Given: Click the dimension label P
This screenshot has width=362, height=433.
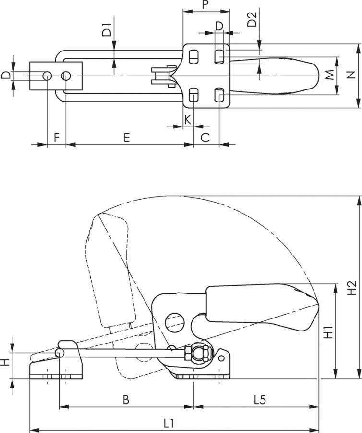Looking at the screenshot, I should tap(205, 6).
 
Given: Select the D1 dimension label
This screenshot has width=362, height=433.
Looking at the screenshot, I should tap(107, 30).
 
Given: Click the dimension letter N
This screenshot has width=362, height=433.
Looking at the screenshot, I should tap(351, 75).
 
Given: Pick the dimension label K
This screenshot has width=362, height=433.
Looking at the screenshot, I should tap(188, 119).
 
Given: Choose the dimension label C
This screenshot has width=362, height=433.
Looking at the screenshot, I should tap(205, 138).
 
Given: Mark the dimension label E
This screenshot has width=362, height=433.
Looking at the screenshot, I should tap(127, 138).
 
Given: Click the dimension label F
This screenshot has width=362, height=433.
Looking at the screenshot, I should tap(56, 138).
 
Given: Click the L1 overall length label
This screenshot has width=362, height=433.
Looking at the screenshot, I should tap(168, 423).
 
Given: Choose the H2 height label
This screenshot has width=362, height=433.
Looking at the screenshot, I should tap(351, 288).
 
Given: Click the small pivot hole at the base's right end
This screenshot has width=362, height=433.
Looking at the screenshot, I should tap(221, 358).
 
